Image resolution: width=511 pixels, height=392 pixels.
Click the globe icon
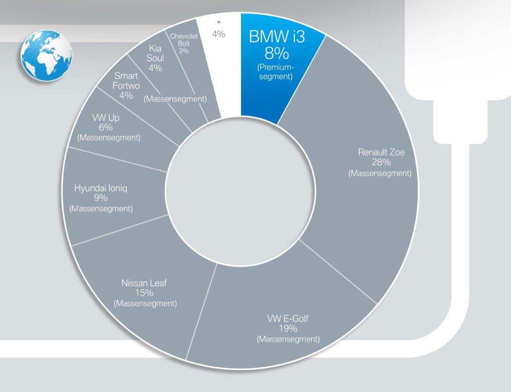click(46, 55)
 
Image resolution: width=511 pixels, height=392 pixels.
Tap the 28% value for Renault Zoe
click(380, 162)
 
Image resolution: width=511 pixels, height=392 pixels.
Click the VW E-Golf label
click(288, 318)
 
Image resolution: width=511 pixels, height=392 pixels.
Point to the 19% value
click(288, 329)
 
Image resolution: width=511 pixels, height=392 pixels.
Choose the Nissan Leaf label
click(144, 282)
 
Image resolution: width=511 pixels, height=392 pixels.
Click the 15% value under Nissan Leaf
click(145, 293)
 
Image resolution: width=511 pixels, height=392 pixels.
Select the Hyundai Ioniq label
click(101, 188)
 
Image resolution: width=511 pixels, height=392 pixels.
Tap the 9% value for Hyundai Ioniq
click(101, 198)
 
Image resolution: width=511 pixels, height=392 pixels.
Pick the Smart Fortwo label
click(126, 81)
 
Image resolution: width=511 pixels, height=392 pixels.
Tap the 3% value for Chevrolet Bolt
click(184, 51)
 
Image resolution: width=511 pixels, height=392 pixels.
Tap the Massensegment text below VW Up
click(109, 138)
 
